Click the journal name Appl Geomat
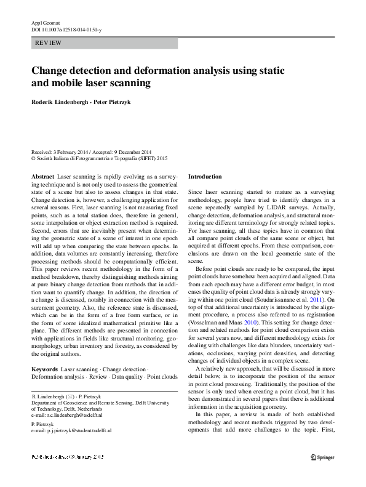[x=44, y=22]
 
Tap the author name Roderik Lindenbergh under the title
[x=59, y=102]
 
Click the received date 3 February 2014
[x=73, y=151]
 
